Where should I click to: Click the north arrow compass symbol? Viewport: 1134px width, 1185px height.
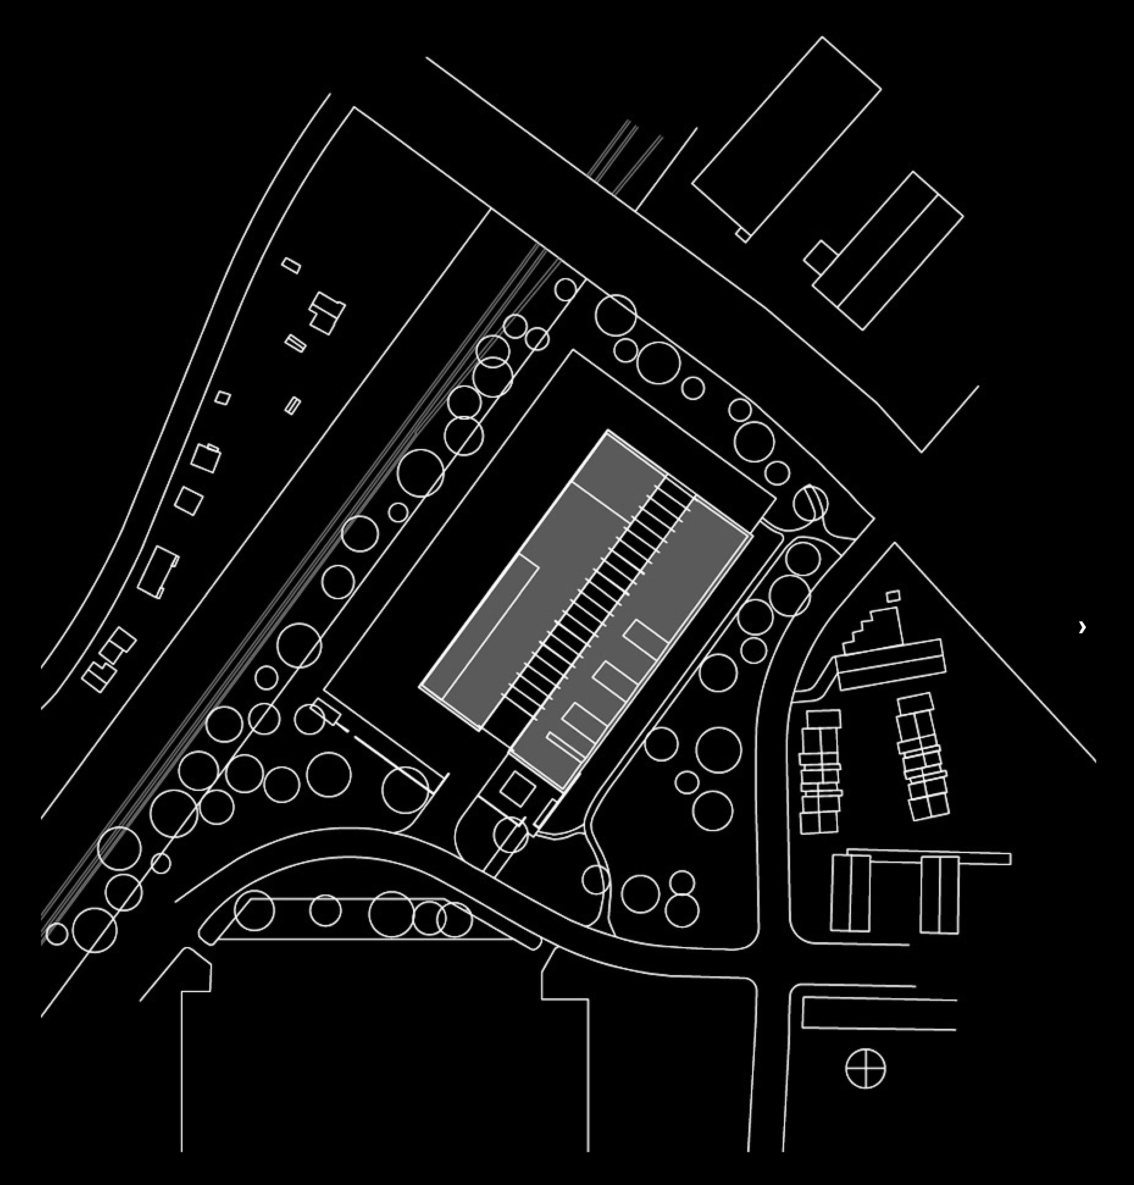865,1068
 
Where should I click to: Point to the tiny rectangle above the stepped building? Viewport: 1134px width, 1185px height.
893,596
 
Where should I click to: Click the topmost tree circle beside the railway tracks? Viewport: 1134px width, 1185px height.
565,289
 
